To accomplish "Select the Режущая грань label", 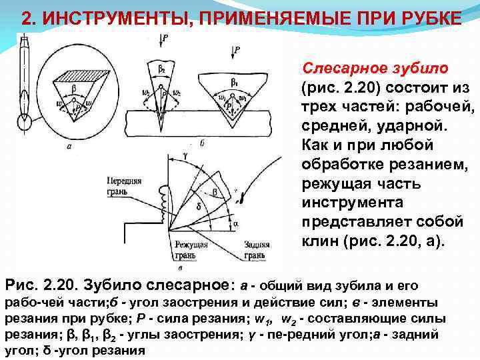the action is (190, 250).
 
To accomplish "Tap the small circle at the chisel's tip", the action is (27, 123).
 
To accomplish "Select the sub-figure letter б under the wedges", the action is (201, 142).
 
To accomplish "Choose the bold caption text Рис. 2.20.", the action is (40, 286).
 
